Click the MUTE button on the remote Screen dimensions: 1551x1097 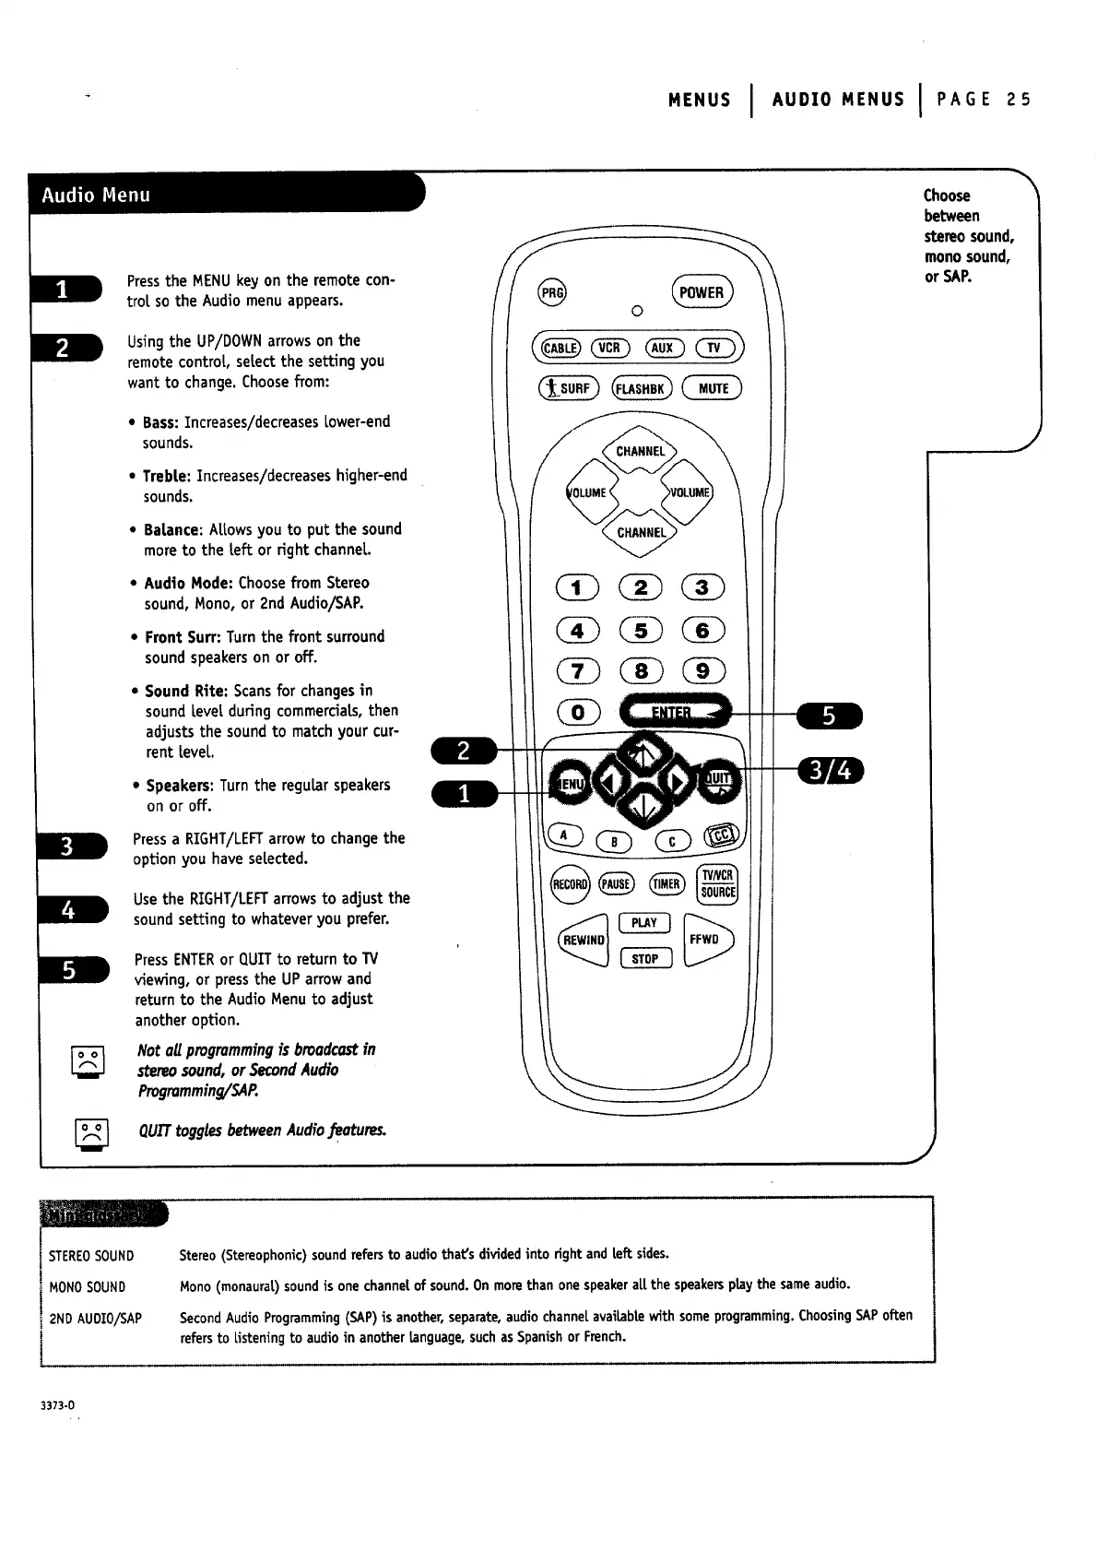pos(712,388)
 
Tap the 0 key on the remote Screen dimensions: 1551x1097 pos(578,712)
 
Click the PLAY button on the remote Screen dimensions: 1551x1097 pos(644,923)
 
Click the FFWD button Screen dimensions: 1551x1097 pos(708,941)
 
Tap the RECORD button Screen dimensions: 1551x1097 pos(569,884)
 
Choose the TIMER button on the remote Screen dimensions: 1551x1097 pos(666,884)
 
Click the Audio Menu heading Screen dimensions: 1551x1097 pos(96,195)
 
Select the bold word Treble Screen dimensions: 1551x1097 pos(166,476)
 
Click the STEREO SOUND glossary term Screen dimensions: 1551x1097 pos(91,1256)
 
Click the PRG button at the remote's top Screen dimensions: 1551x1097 pos(552,292)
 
